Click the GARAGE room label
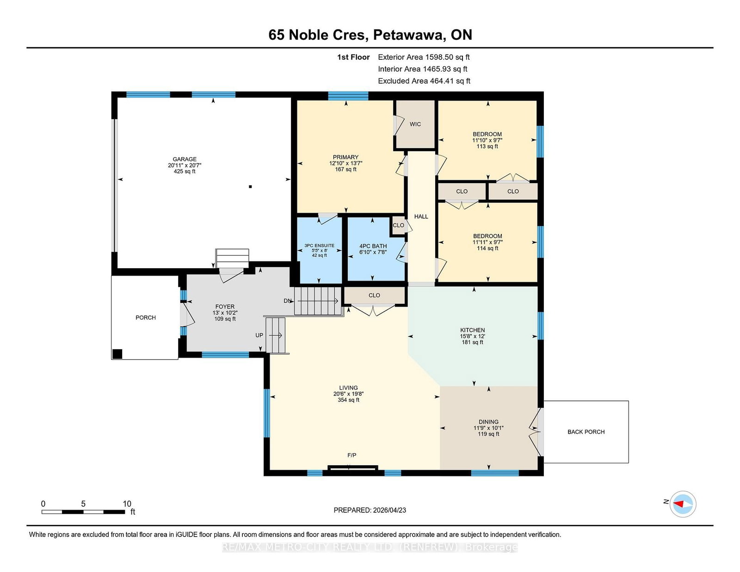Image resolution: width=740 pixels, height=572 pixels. click(185, 159)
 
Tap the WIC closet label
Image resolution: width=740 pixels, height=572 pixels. click(415, 124)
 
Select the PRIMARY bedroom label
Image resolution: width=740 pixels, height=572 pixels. click(345, 157)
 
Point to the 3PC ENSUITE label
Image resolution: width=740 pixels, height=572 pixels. click(320, 246)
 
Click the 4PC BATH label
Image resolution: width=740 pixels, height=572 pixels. click(373, 246)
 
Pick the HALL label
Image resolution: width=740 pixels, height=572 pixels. click(421, 216)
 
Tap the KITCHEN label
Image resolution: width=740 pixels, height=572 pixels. click(472, 330)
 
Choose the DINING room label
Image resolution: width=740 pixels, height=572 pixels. click(488, 422)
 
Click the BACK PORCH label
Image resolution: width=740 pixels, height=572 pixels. click(586, 432)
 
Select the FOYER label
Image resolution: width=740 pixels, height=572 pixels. click(225, 307)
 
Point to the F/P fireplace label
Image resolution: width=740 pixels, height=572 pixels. click(352, 455)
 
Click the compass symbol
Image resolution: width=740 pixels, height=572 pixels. click(683, 504)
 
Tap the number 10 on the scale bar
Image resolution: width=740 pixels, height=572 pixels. click(127, 504)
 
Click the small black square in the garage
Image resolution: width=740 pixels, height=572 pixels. click(250, 186)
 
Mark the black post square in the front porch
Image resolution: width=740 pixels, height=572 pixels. click(117, 354)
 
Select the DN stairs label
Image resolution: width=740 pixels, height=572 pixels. click(288, 301)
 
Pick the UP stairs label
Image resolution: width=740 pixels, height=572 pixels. click(259, 335)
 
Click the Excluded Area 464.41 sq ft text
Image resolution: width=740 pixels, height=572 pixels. click(424, 81)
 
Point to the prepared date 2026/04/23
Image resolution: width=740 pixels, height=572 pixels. click(389, 510)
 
